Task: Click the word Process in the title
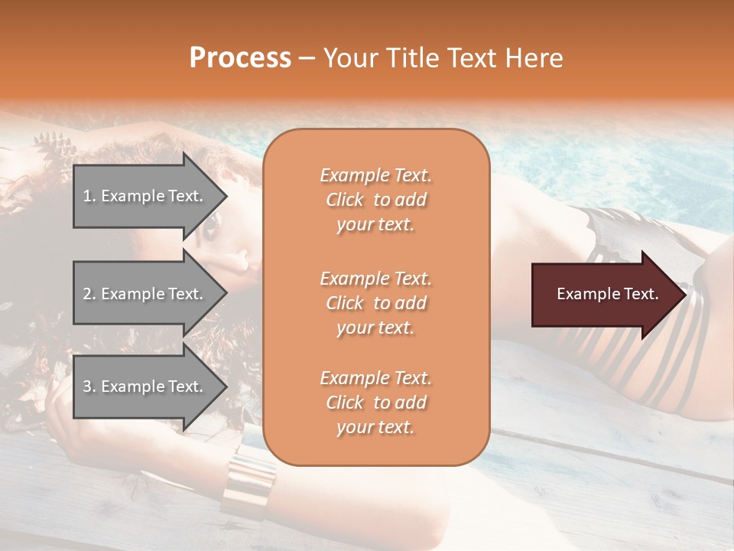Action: [x=240, y=58]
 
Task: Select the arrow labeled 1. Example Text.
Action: [x=145, y=196]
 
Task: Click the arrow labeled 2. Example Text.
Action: [x=145, y=294]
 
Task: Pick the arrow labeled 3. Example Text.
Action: [x=145, y=386]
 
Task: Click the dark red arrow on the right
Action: [x=604, y=294]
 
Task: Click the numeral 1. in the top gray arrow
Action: [x=89, y=196]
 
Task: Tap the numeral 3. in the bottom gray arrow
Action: [x=89, y=386]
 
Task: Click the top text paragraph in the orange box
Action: [x=375, y=200]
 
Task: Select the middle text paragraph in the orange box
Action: [x=375, y=303]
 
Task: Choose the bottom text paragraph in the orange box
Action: [x=375, y=403]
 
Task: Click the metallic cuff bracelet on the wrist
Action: [x=250, y=478]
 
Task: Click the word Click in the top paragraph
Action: [x=345, y=200]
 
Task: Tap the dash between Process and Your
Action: [x=307, y=58]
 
